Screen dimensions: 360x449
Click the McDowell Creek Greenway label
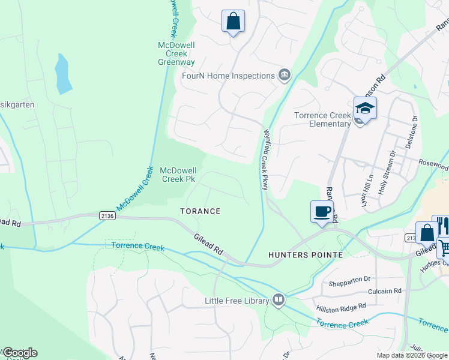click(x=176, y=53)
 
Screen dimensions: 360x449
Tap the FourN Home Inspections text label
click(x=228, y=76)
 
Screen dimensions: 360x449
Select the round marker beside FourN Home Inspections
click(x=285, y=75)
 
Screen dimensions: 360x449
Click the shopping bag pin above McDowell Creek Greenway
click(x=233, y=22)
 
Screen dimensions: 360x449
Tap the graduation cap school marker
click(x=364, y=108)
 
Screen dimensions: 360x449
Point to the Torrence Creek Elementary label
click(x=322, y=119)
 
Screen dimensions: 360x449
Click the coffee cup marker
click(x=322, y=212)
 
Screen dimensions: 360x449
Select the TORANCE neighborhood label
click(x=201, y=211)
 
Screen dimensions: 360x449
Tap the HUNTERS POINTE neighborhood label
click(x=305, y=255)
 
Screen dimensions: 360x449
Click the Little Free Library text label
click(x=237, y=301)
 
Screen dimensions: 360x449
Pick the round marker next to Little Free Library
click(x=279, y=299)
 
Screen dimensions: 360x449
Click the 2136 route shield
click(x=107, y=215)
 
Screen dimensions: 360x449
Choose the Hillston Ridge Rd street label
click(x=342, y=306)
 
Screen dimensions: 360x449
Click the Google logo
click(x=19, y=353)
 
